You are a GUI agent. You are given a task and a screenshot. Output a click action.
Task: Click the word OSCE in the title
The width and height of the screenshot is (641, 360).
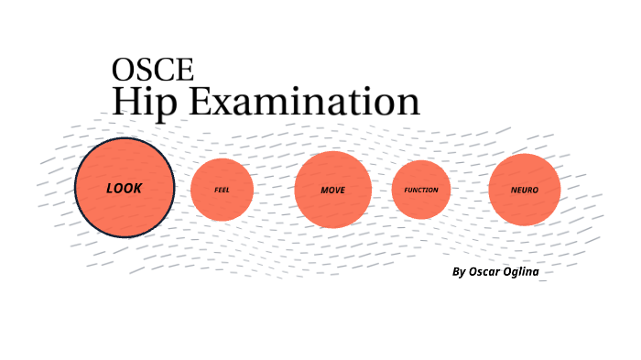point(152,70)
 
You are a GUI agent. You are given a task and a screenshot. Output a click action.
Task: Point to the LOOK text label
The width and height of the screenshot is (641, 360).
point(125,188)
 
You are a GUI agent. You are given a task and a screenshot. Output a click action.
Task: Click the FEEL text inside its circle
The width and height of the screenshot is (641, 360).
point(222,190)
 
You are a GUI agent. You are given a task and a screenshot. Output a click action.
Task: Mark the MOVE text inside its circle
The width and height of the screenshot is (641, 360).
point(332,190)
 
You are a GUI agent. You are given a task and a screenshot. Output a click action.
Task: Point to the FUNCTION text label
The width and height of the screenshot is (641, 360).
point(421,190)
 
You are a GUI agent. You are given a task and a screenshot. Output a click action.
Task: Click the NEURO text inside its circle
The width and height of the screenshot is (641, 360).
point(525,190)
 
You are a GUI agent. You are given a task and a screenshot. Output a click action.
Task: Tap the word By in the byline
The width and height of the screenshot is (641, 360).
point(459,272)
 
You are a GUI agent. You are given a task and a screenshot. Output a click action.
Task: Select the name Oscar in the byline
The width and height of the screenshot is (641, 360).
point(487,271)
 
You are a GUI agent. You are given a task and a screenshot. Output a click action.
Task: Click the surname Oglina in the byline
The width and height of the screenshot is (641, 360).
point(530,272)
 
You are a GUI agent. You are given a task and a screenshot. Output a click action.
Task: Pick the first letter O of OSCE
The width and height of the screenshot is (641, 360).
point(123,70)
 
